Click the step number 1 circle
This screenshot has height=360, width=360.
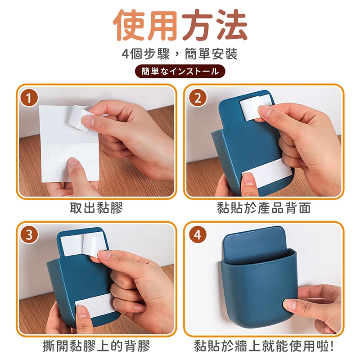tap(29, 99)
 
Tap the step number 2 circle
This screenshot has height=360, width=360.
tap(198, 99)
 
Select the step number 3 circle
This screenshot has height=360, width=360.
tap(29, 235)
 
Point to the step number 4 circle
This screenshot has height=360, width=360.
tap(198, 235)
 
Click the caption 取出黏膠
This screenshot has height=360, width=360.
tap(96, 208)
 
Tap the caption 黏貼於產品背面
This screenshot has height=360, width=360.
tap(264, 208)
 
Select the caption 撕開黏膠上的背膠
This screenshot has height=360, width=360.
tap(96, 346)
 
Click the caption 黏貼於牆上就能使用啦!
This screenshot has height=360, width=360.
tap(264, 346)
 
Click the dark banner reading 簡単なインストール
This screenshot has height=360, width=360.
tap(180, 72)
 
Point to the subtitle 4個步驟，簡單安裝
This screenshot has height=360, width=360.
tap(180, 54)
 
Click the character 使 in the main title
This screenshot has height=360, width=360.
tap(130, 25)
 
